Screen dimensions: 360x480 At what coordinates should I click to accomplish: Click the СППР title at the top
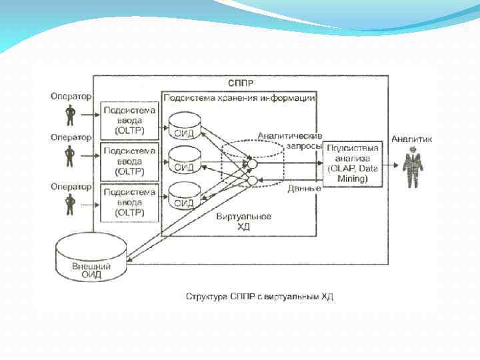tap(240, 83)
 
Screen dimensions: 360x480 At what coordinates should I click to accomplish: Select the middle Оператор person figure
tap(70, 157)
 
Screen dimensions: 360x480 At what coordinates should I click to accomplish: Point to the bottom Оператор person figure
tap(70, 204)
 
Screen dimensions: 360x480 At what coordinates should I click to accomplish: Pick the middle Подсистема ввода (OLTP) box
tap(129, 161)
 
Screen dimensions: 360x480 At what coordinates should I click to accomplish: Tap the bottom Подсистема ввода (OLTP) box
tap(129, 203)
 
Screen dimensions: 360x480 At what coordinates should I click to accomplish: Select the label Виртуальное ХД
tap(244, 222)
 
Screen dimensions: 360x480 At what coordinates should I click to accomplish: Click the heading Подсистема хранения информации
tap(239, 97)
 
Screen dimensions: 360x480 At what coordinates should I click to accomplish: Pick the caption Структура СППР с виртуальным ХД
tap(259, 296)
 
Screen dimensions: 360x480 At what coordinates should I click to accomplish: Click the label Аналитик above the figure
tap(411, 139)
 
